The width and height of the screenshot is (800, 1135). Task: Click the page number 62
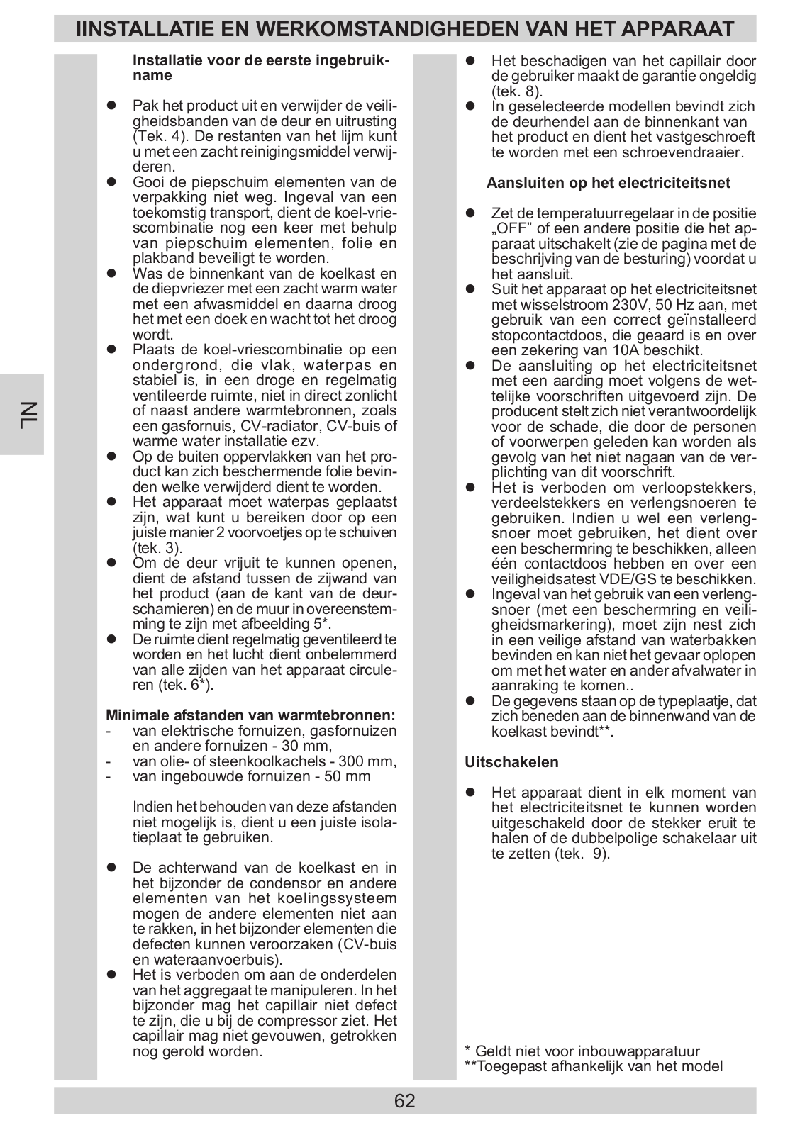click(x=404, y=1101)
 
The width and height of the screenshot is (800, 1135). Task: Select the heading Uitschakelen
click(x=511, y=762)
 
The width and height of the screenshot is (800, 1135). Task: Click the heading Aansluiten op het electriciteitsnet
click(x=608, y=183)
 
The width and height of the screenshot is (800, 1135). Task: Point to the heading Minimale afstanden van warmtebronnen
click(x=250, y=715)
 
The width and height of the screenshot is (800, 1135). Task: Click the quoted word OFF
click(x=511, y=229)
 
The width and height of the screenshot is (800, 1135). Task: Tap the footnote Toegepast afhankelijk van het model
click(x=599, y=1066)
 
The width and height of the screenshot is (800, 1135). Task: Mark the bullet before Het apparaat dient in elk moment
click(x=470, y=793)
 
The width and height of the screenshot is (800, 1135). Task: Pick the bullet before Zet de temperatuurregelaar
click(x=470, y=213)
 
